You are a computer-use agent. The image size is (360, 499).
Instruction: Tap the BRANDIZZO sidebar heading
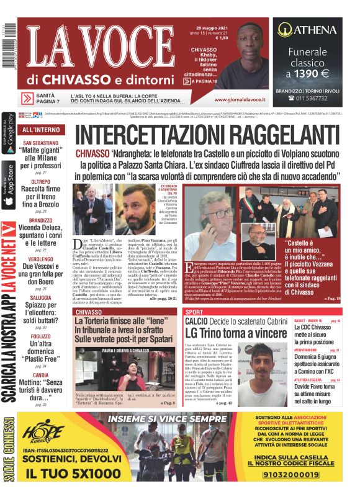tap(41, 220)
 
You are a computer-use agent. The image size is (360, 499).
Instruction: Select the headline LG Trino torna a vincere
tap(243, 333)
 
